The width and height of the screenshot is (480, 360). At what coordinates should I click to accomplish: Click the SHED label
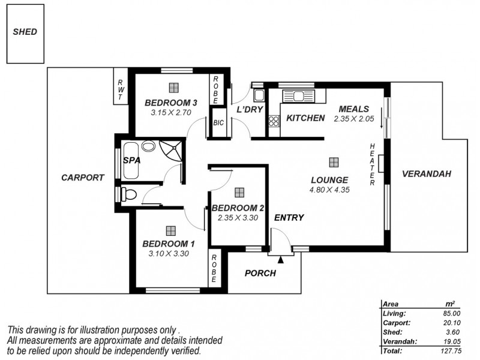pos(25,32)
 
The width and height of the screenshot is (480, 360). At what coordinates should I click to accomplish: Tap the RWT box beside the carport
pos(121,90)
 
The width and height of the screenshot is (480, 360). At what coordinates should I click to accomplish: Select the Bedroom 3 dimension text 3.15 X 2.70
pos(170,112)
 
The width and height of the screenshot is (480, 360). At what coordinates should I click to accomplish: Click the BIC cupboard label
pos(218,123)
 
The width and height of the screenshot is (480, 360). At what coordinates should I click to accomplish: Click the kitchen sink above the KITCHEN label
pos(295,95)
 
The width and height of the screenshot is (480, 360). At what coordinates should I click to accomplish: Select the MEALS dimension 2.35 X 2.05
pos(353,119)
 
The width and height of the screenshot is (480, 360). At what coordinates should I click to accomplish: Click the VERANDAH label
pos(426,174)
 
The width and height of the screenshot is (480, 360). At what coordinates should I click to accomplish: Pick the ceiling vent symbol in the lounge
pos(333,162)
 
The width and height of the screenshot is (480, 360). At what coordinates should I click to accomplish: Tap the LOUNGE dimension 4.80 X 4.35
pos(329,190)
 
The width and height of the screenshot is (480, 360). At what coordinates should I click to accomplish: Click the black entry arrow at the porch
pos(280,259)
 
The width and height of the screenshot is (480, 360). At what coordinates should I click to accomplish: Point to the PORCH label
pos(260,274)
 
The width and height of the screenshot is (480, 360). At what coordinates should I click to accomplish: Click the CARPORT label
pos(83,178)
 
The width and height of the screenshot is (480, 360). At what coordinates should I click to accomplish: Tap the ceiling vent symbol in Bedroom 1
pos(171,230)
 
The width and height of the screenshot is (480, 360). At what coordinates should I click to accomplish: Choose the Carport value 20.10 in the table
pos(451,322)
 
